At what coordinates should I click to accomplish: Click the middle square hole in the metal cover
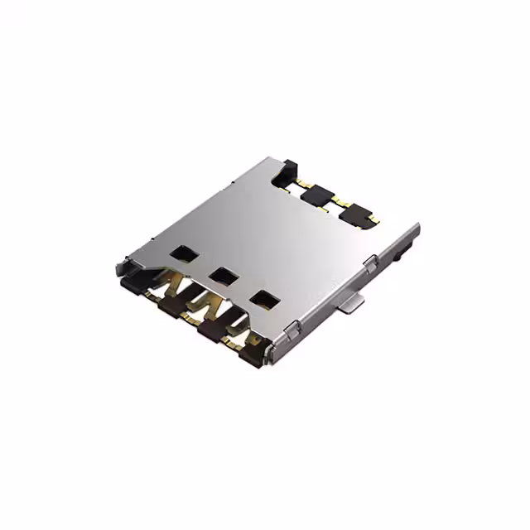click(220, 274)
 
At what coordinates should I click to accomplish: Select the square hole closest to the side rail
click(263, 297)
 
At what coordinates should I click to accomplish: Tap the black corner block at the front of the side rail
click(253, 354)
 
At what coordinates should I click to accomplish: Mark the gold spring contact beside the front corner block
click(235, 337)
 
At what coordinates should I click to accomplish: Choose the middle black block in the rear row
click(316, 196)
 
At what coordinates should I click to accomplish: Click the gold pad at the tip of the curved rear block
click(372, 220)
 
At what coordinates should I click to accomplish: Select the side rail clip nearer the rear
click(371, 263)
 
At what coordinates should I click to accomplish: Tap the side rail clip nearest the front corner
click(291, 330)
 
